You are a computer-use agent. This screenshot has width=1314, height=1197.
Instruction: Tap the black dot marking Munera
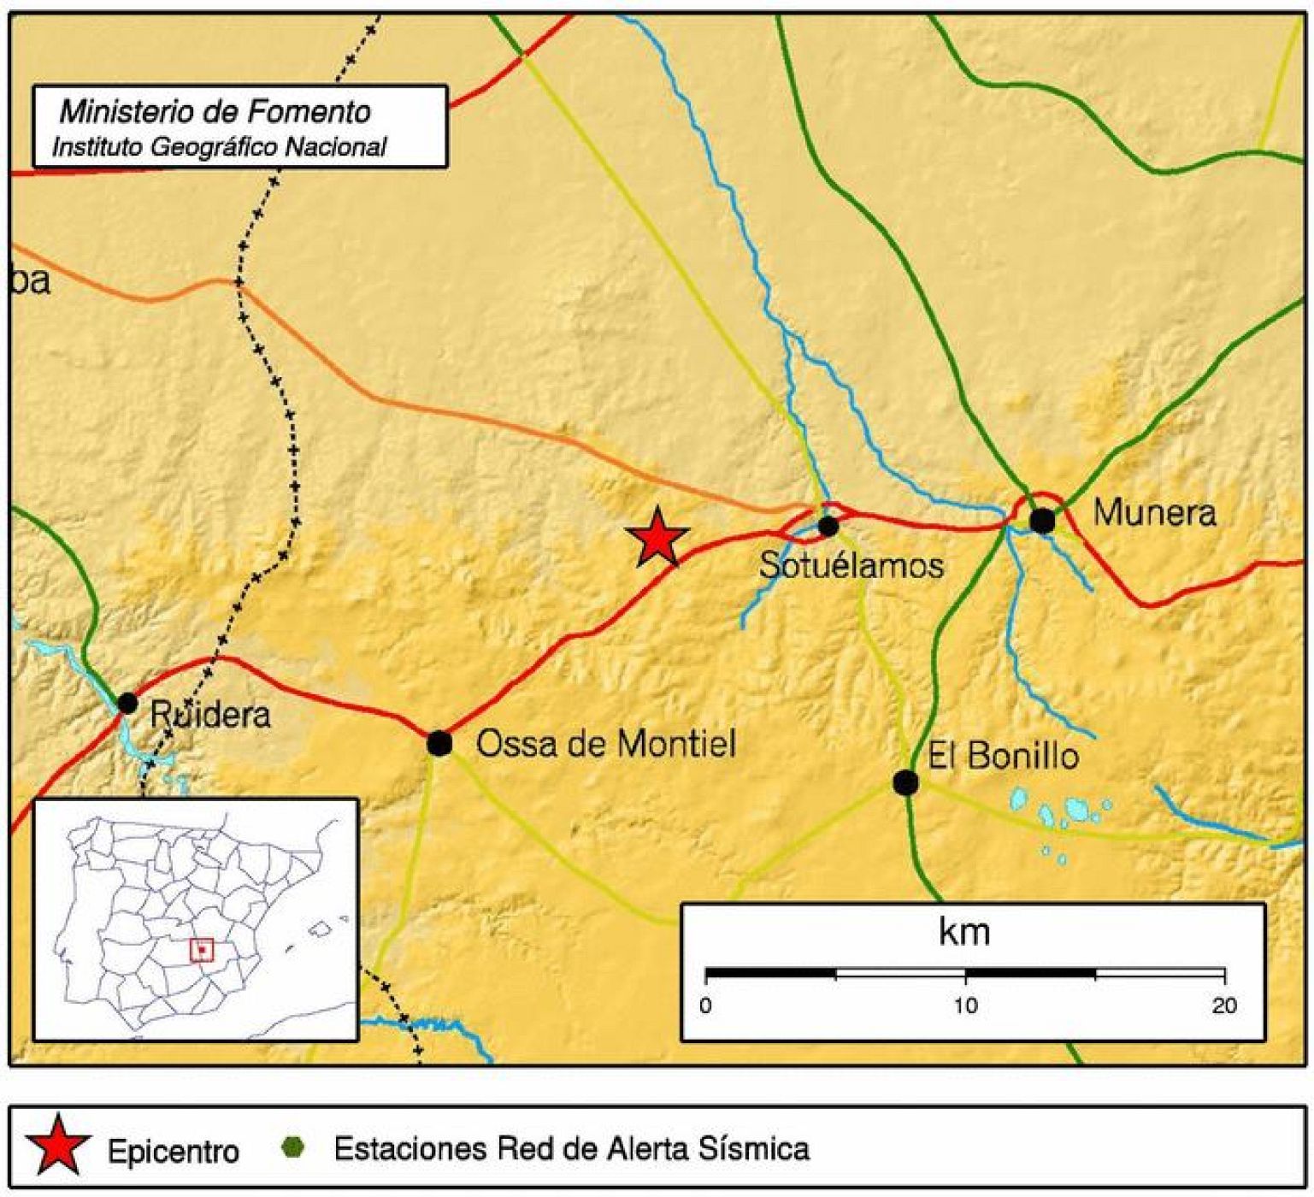(1042, 520)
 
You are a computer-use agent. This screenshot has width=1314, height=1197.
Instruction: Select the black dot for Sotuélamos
(828, 526)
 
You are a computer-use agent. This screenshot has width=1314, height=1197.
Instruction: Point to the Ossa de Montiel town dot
(439, 743)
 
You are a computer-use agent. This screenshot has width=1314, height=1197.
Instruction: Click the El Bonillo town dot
(905, 781)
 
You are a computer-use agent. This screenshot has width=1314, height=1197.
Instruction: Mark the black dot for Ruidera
(127, 703)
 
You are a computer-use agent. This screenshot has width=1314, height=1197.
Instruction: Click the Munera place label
(1154, 513)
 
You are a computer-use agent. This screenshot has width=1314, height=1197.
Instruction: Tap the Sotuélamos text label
(851, 565)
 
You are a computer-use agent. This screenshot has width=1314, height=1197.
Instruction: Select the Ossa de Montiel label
(605, 744)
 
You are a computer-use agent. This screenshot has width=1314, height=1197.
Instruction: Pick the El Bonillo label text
(1004, 756)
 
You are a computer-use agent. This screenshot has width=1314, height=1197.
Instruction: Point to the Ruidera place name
(210, 715)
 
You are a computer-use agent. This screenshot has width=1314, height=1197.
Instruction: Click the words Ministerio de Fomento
(215, 111)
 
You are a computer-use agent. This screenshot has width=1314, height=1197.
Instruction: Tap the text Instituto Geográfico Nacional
(219, 147)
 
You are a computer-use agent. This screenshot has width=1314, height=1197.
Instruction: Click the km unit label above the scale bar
(964, 931)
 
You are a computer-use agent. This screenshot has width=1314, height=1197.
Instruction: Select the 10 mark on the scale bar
(965, 1005)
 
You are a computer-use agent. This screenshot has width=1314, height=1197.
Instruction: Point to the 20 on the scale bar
(1224, 1005)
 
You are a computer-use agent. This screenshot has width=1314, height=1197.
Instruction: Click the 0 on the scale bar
(705, 1005)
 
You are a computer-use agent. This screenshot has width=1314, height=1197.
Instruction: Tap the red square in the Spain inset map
(201, 949)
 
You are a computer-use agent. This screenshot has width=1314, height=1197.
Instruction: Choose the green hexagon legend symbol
(293, 1147)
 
